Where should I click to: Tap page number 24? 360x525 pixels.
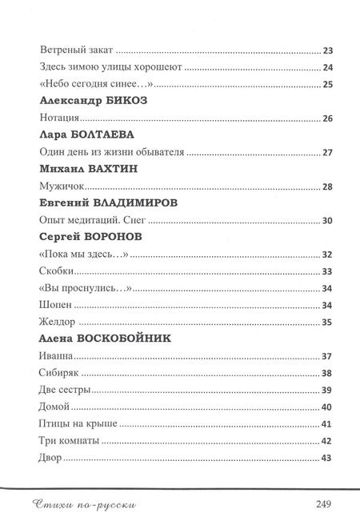(326, 67)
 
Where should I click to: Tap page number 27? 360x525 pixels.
(326, 153)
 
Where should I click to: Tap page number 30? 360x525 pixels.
(326, 221)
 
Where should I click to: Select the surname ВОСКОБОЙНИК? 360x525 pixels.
(136, 339)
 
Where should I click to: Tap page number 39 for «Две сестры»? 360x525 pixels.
(326, 391)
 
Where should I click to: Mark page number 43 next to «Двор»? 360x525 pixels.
(326, 459)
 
